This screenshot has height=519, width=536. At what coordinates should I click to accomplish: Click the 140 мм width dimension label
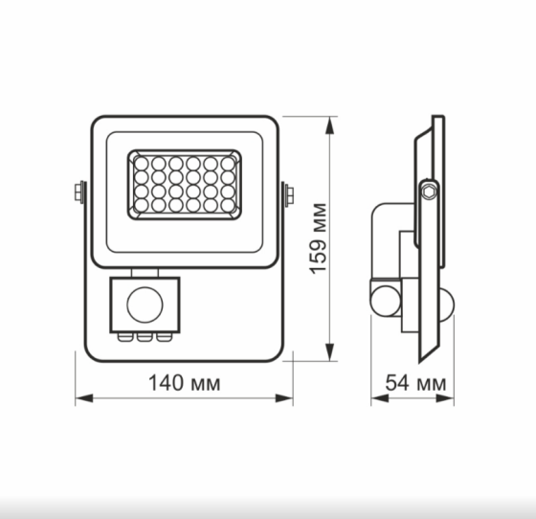click(184, 383)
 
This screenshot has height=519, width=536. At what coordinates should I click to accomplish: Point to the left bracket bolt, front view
click(78, 194)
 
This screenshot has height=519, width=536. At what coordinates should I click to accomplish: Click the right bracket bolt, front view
click(288, 194)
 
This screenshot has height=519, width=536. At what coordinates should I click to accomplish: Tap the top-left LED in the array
click(141, 163)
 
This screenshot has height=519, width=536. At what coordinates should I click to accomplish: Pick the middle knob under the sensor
click(143, 336)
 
